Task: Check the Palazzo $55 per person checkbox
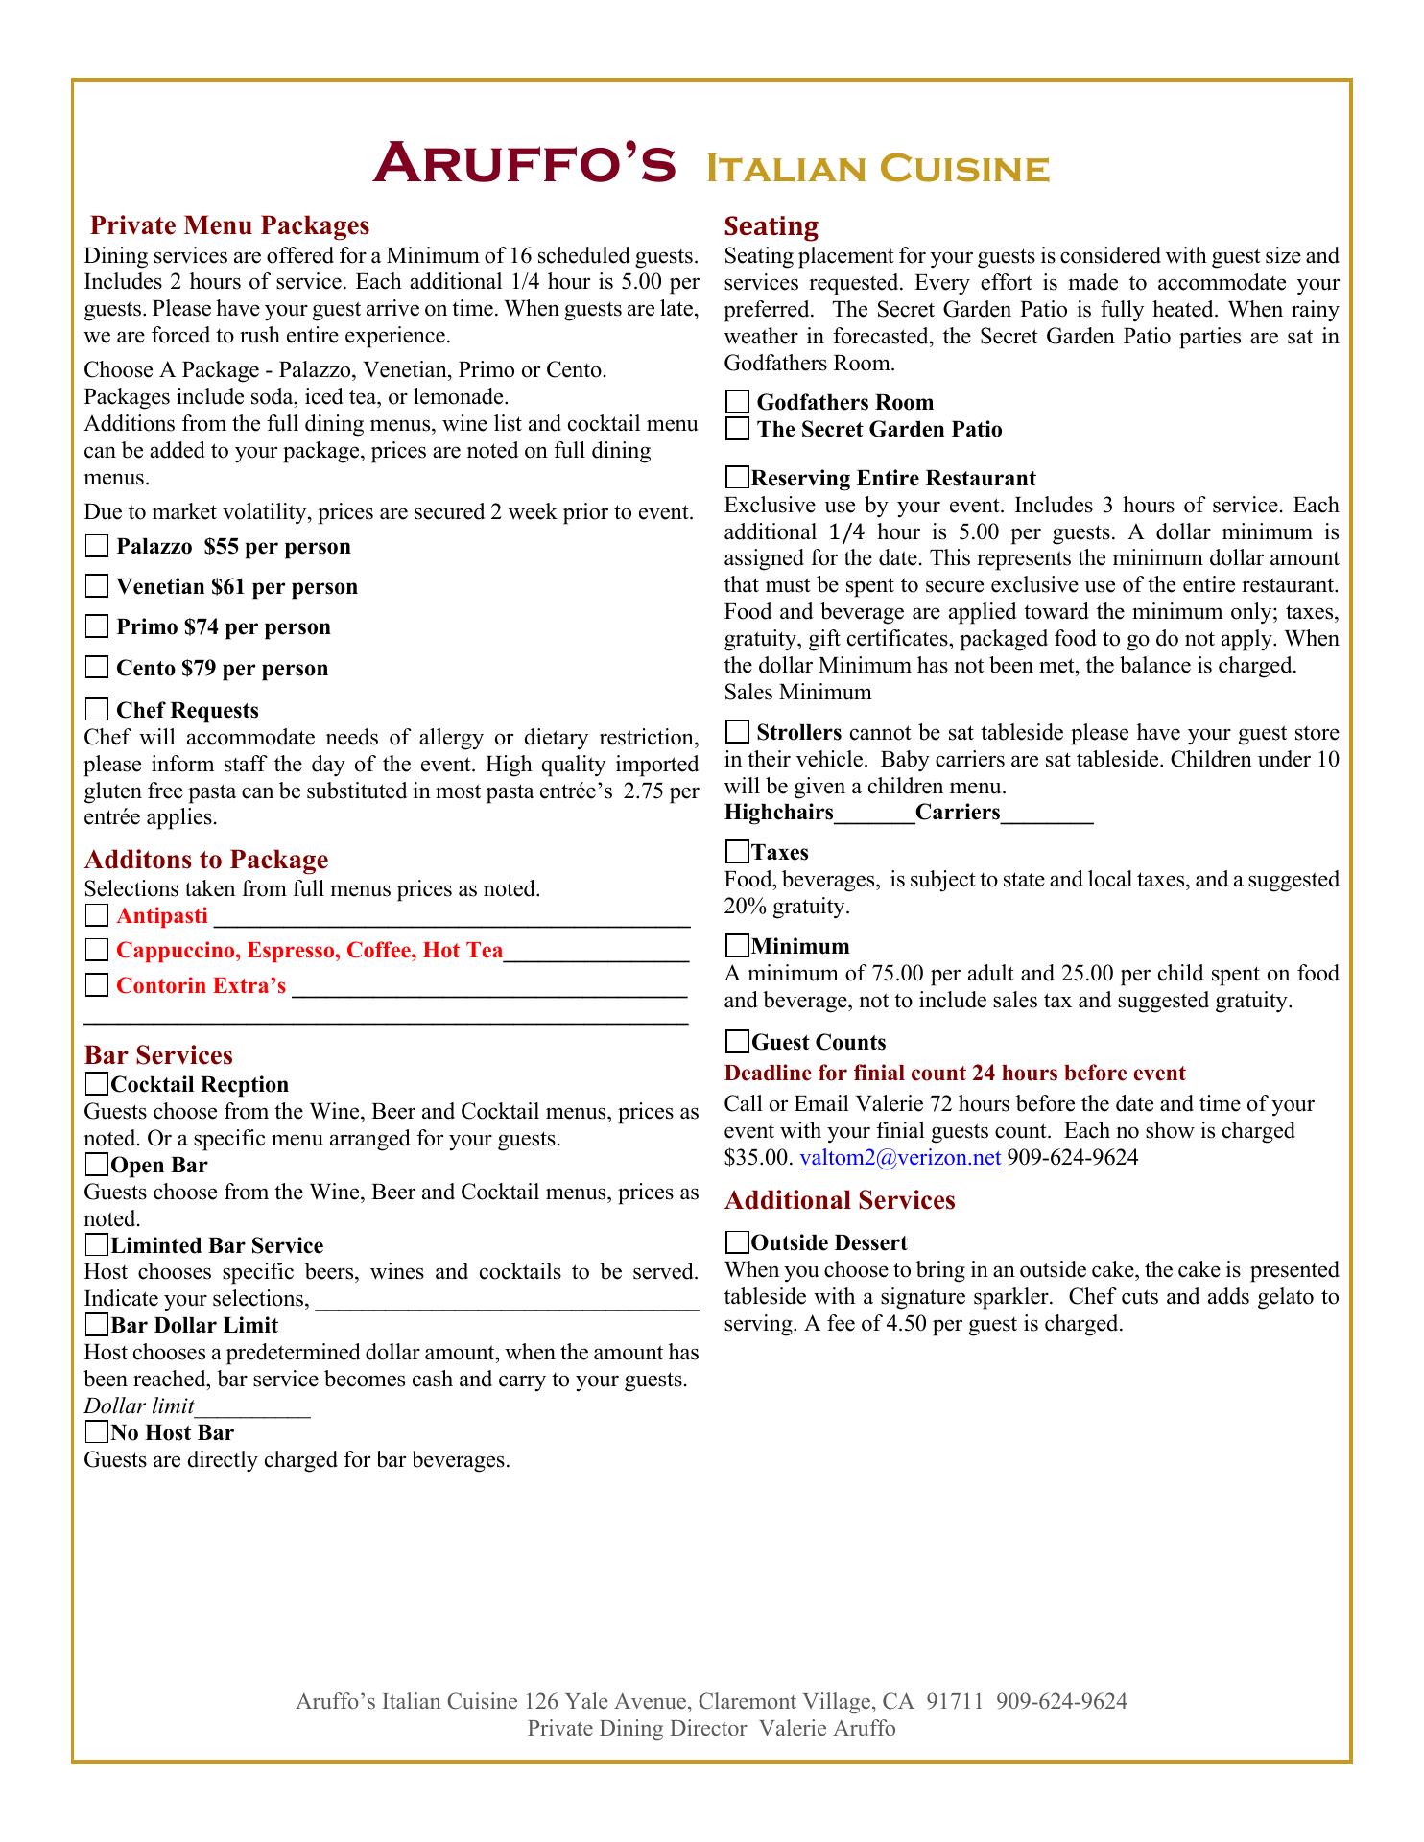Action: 97,547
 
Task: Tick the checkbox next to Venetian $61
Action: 97,586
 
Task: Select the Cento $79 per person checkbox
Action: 97,668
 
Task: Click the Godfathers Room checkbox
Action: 737,402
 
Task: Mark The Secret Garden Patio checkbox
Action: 737,429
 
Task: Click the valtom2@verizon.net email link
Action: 900,1158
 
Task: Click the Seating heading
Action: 771,226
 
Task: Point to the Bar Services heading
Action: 158,1055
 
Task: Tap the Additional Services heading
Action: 840,1201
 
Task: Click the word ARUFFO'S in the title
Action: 524,164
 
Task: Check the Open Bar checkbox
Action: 97,1166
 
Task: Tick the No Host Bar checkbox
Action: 97,1433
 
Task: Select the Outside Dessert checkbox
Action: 737,1243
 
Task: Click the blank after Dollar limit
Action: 252,1409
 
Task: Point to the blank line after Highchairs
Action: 874,815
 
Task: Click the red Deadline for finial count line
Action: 955,1074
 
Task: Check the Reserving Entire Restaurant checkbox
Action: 737,478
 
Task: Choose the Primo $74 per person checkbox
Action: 97,627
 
